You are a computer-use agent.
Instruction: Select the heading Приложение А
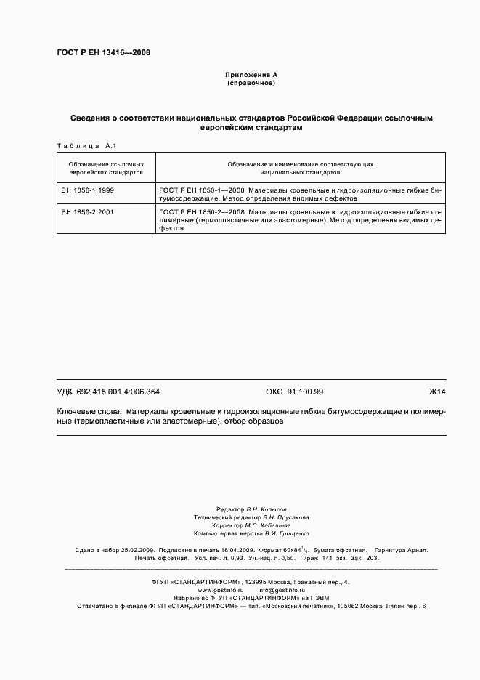251,75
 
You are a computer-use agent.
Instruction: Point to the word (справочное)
251,83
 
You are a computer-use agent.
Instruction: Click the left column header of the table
106,169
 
